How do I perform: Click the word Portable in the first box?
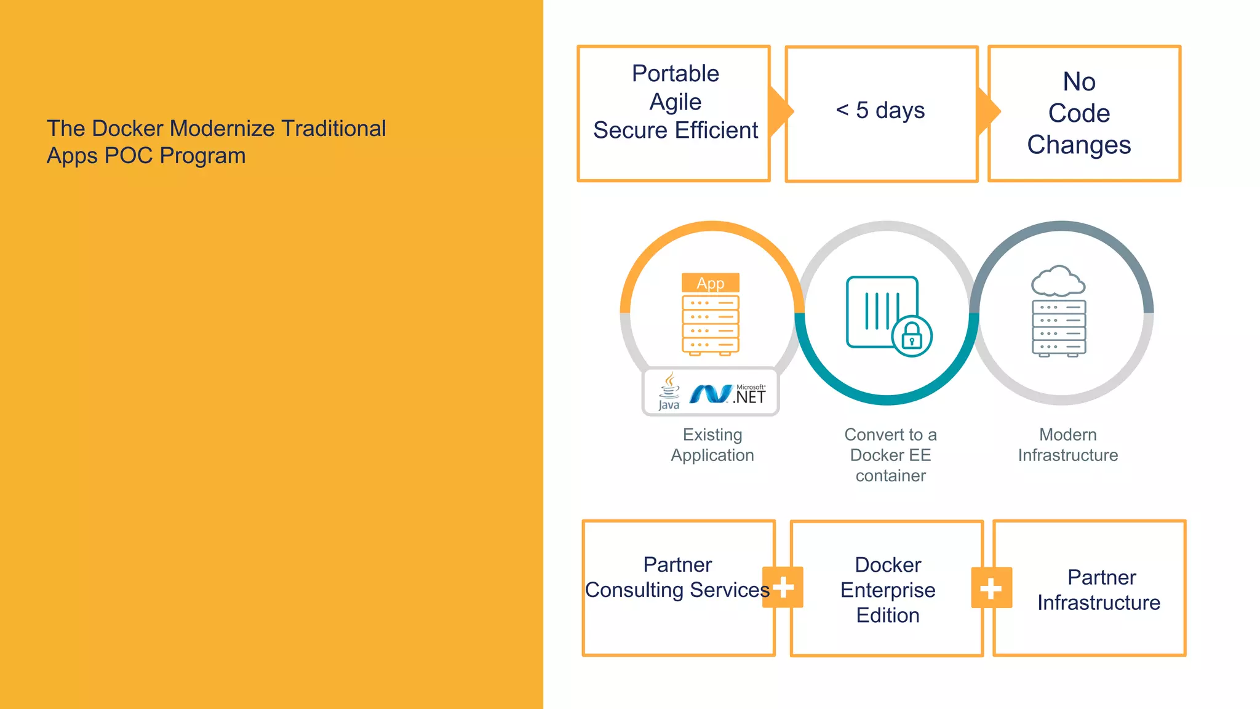click(x=675, y=74)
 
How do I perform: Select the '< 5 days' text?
click(x=880, y=111)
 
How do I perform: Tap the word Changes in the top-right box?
click(x=1079, y=145)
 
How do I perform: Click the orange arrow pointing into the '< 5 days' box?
click(x=781, y=111)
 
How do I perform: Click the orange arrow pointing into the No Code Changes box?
click(x=988, y=111)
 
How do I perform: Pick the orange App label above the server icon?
click(x=710, y=283)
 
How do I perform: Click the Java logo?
click(x=669, y=391)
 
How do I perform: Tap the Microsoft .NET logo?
click(x=728, y=394)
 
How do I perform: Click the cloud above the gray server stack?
click(x=1058, y=282)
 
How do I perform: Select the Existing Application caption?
click(x=712, y=445)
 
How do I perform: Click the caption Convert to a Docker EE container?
click(x=890, y=455)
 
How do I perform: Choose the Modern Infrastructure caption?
click(x=1067, y=445)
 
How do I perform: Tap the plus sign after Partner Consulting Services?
click(x=783, y=587)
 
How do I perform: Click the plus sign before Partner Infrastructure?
click(x=991, y=588)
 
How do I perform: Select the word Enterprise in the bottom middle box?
click(x=887, y=590)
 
